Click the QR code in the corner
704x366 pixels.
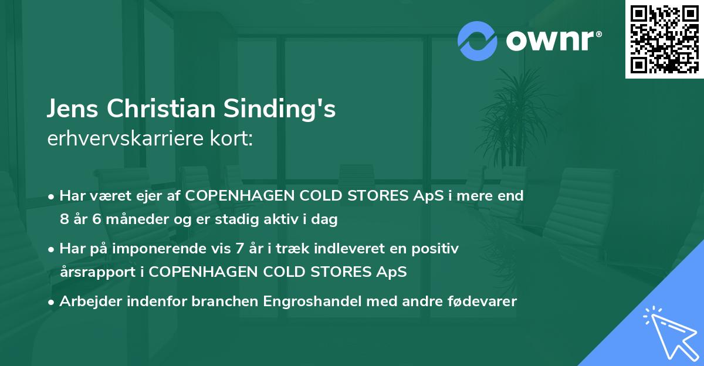pyautogui.click(x=664, y=39)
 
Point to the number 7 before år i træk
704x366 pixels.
pyautogui.click(x=238, y=249)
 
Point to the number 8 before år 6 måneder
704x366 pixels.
pyautogui.click(x=64, y=220)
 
